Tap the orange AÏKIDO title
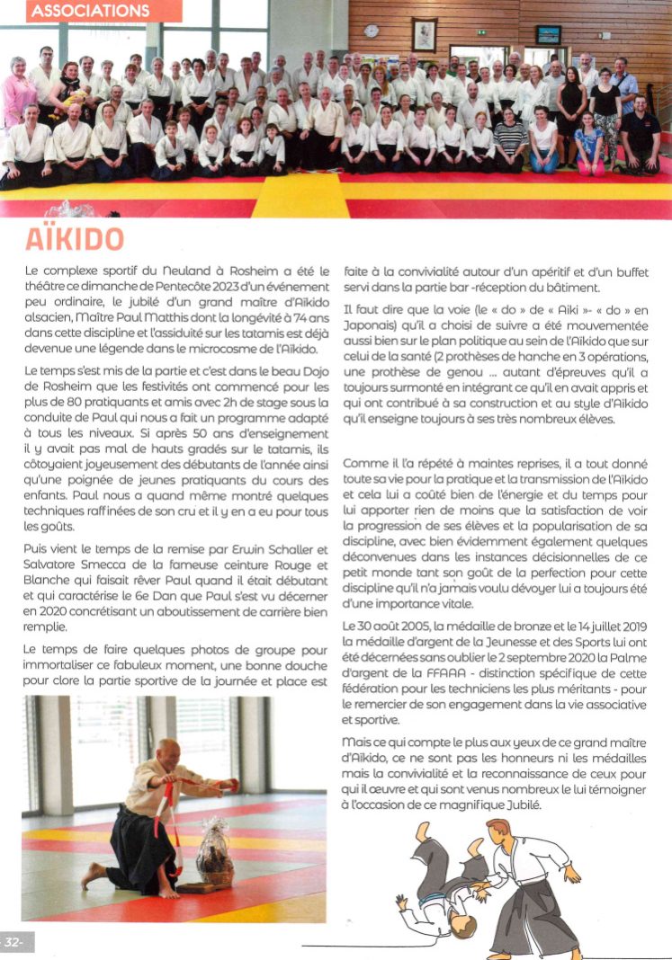coord(74,238)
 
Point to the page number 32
coord(14,941)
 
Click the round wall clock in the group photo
coord(372,31)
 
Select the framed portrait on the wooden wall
coord(424,35)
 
